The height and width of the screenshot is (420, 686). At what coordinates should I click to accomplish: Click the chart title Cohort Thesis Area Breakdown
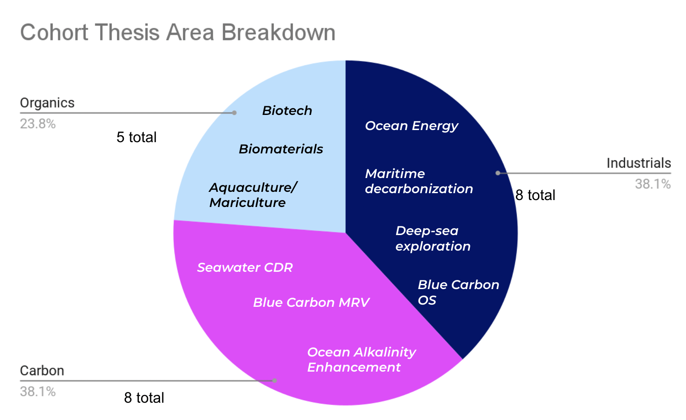[178, 32]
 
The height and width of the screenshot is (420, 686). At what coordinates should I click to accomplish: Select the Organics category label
[47, 103]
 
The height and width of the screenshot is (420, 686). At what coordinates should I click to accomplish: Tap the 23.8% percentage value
[38, 124]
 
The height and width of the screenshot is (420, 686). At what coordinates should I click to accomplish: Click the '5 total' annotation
[137, 137]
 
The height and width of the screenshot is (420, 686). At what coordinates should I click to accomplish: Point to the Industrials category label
[639, 163]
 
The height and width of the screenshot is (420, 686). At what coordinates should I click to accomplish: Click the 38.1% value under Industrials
[653, 184]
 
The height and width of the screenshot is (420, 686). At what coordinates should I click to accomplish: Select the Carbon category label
[42, 371]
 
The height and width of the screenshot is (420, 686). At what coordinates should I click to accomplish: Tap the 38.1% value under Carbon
[38, 392]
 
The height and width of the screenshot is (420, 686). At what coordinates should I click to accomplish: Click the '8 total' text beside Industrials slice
[535, 195]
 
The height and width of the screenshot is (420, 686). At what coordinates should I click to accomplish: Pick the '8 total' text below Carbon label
[144, 398]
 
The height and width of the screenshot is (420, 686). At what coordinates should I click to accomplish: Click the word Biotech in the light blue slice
[287, 111]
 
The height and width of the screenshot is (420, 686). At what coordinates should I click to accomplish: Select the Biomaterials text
[281, 149]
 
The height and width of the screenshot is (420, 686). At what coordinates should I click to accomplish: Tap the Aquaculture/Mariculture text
[253, 195]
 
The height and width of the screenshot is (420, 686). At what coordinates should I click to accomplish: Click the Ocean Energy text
[412, 126]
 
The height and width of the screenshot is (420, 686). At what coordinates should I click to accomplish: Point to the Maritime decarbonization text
[419, 181]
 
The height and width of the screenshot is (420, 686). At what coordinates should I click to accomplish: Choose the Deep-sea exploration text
[433, 239]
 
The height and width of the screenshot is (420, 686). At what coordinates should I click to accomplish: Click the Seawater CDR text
[245, 267]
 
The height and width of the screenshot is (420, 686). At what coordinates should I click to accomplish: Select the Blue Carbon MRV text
[311, 302]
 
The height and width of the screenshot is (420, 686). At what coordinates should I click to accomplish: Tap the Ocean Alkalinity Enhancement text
[362, 360]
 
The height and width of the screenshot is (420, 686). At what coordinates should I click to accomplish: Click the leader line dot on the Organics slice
[234, 113]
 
